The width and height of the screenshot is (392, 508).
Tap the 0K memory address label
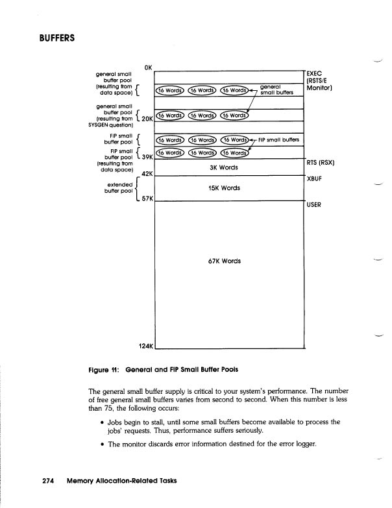[149, 67]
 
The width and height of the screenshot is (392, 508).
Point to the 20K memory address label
[147, 119]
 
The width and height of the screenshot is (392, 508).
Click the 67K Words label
[222, 261]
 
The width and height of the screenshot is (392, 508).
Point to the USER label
[315, 205]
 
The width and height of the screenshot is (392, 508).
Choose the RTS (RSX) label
[319, 162]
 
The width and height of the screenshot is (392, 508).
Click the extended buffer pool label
[117, 188]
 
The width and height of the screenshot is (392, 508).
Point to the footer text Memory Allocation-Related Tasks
[121, 481]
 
